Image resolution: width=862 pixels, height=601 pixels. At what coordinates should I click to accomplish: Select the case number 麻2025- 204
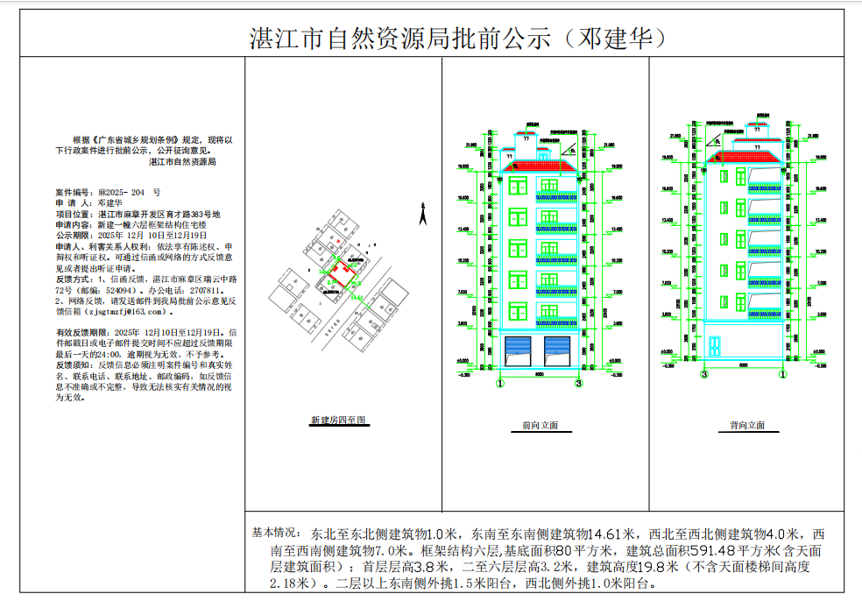(x=124, y=191)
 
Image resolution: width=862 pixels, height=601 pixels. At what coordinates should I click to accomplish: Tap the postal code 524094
(x=113, y=289)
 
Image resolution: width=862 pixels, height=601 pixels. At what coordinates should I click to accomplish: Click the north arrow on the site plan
(x=421, y=212)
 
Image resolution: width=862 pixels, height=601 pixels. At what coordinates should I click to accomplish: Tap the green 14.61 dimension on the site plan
(x=357, y=298)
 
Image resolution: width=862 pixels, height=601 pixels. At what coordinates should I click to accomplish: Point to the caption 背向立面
(x=747, y=426)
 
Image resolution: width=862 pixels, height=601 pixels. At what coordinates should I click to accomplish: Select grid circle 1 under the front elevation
(x=499, y=383)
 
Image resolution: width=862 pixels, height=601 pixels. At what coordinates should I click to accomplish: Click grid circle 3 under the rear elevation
(x=704, y=374)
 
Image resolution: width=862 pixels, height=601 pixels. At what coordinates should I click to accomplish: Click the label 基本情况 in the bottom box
(x=274, y=533)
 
